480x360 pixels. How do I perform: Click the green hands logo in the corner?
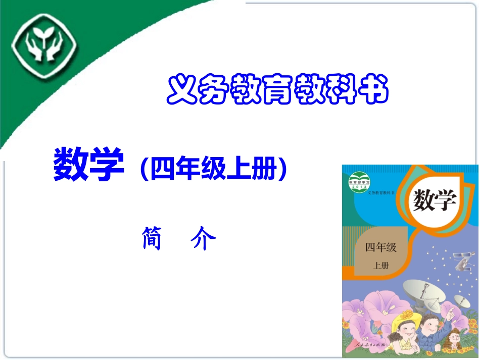tap(44, 50)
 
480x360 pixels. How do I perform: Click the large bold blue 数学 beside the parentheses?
tap(88, 165)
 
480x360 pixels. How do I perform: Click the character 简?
tap(152, 238)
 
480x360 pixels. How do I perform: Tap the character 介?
tap(204, 239)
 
